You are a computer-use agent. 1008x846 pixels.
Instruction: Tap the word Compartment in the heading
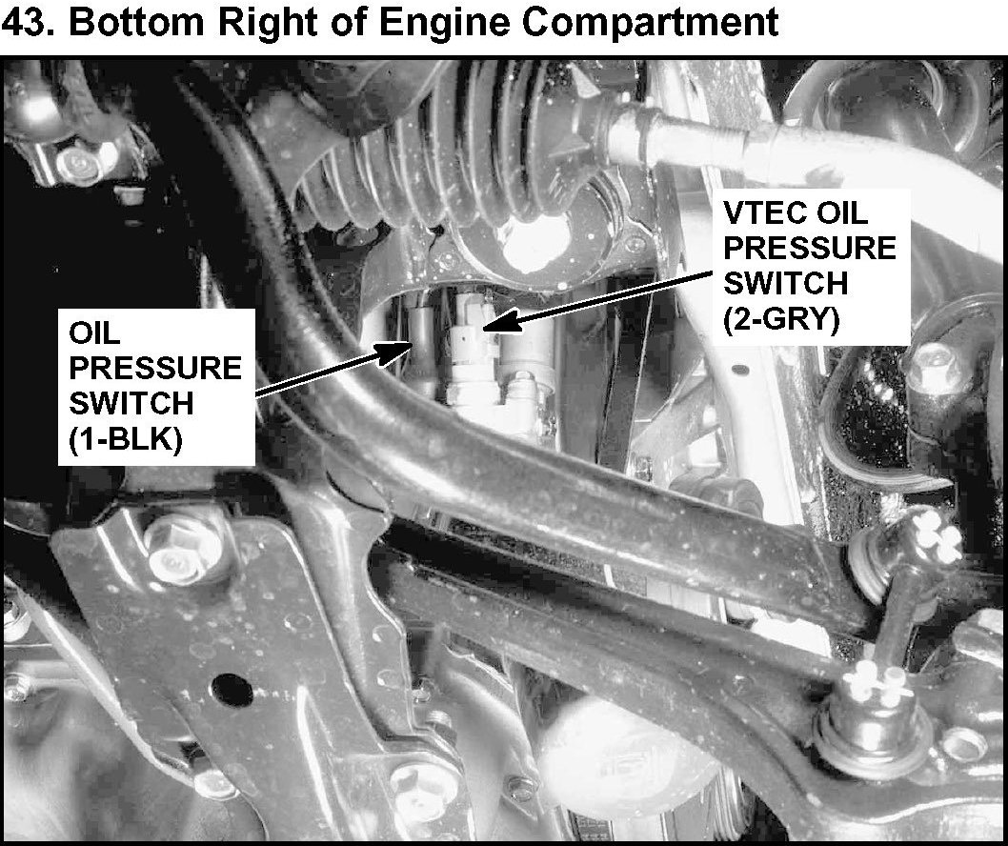tap(649, 23)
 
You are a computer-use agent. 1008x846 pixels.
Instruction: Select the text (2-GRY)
tap(781, 319)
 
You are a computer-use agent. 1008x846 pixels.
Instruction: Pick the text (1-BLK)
tap(126, 441)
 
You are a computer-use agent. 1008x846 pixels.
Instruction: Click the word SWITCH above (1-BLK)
tap(131, 404)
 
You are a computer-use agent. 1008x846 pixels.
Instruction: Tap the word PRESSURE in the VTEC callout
tap(810, 248)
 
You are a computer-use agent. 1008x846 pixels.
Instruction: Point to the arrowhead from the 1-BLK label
tap(396, 352)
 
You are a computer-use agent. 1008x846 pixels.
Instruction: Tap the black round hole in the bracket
tap(232, 689)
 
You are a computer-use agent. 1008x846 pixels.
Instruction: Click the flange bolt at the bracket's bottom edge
tap(419, 792)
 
